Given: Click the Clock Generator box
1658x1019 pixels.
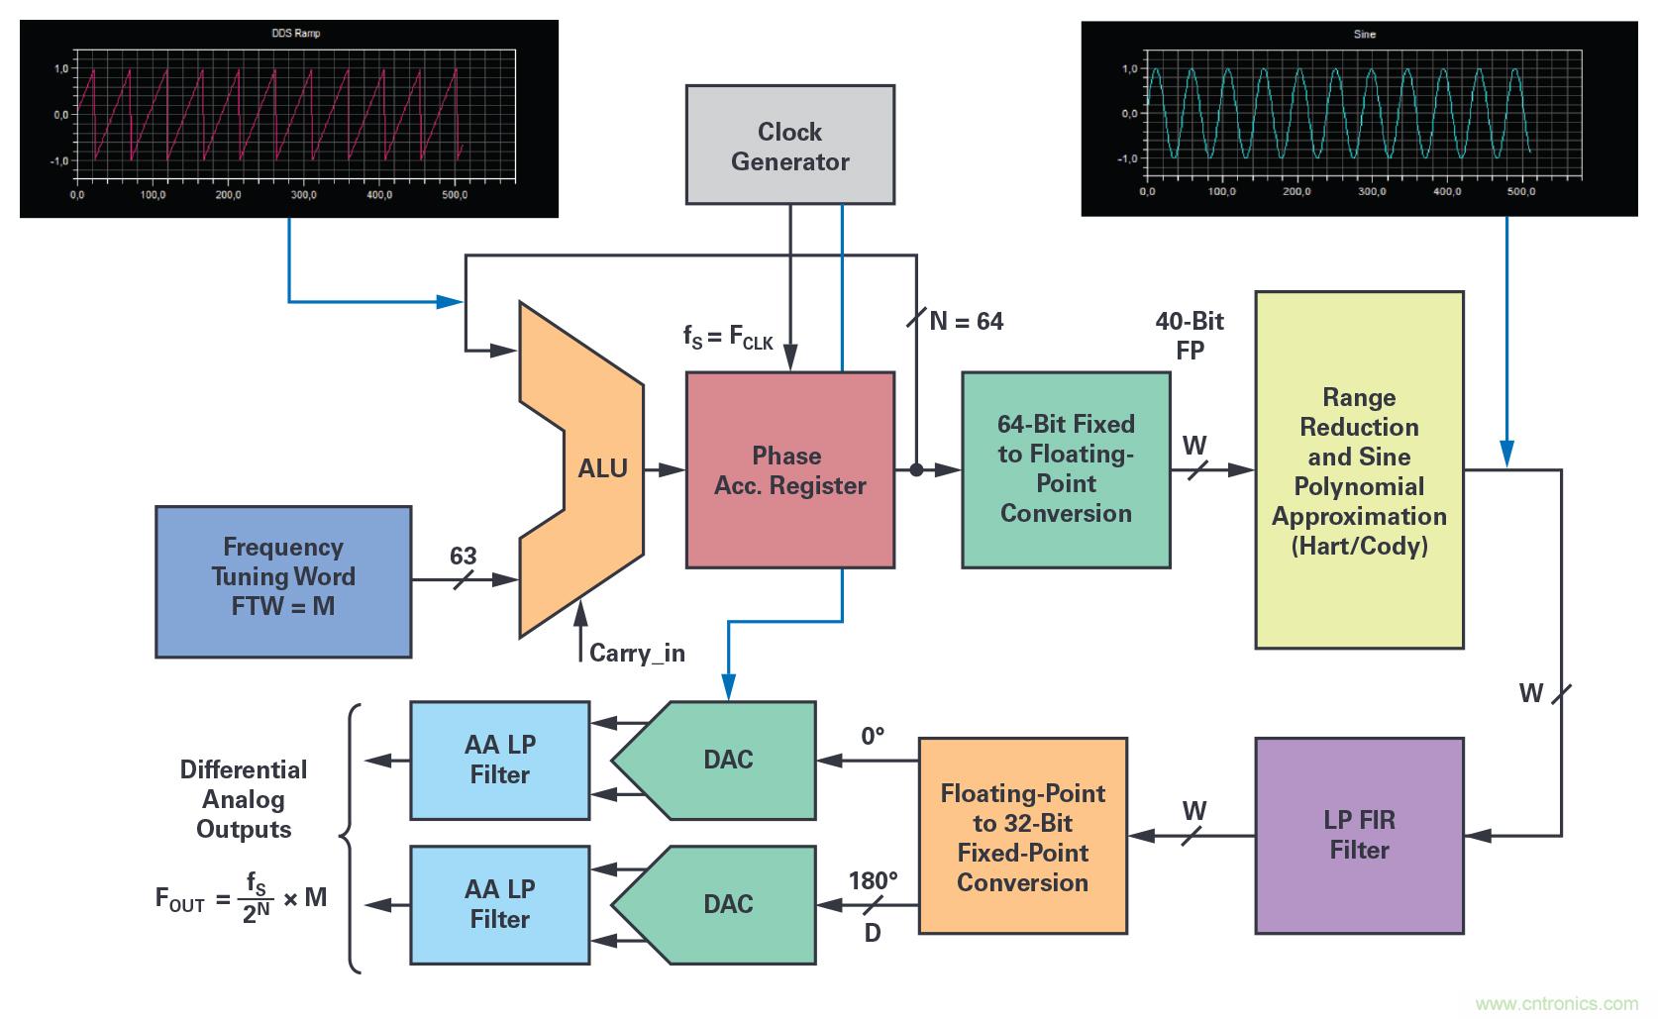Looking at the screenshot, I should tap(789, 145).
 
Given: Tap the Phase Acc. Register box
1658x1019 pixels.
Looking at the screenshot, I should tap(789, 469).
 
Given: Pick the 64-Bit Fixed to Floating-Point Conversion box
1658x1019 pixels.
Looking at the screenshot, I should tap(1066, 469).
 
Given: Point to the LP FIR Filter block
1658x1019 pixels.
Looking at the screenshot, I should tap(1359, 835).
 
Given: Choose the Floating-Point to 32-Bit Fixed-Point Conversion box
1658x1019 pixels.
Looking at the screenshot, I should tap(1022, 836).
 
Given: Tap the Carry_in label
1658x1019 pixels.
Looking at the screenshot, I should tap(637, 653).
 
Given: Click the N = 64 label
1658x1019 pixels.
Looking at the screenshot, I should tap(966, 321).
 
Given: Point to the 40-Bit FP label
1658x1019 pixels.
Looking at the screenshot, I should tap(1190, 336).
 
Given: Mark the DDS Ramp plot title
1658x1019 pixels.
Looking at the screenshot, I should tap(296, 34).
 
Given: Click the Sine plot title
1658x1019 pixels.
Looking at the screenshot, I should tap(1364, 35).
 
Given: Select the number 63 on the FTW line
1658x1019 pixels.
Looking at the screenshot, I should tap(464, 556).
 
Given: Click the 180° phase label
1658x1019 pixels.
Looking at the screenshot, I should tap(873, 880).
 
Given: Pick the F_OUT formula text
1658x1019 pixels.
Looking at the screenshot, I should tap(241, 898).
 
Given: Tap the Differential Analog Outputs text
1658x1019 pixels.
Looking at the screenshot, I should tap(244, 799).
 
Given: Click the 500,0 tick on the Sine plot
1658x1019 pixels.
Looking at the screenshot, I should tap(1521, 191).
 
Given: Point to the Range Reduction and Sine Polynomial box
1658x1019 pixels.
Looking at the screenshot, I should tap(1359, 470).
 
